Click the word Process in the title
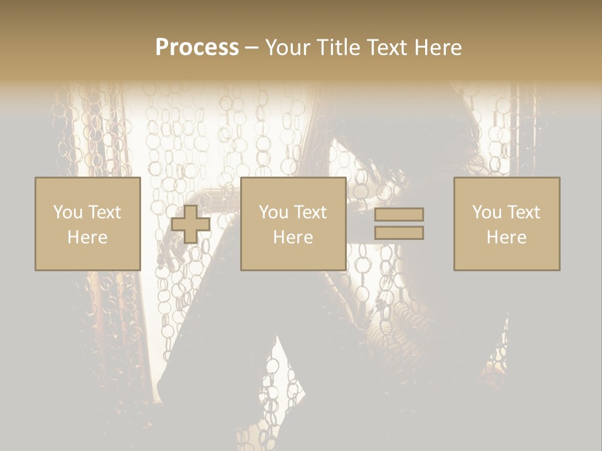point(197,48)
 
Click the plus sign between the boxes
point(191,224)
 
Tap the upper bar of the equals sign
point(399,214)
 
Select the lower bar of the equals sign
point(399,233)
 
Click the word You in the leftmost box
point(68,212)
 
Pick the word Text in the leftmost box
point(104,212)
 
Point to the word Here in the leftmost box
point(87,237)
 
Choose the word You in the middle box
point(273,212)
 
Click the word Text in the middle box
point(310,212)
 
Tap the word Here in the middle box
point(293,237)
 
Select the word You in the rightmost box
point(487,212)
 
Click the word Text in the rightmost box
point(523,212)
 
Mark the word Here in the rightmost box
point(506,237)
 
